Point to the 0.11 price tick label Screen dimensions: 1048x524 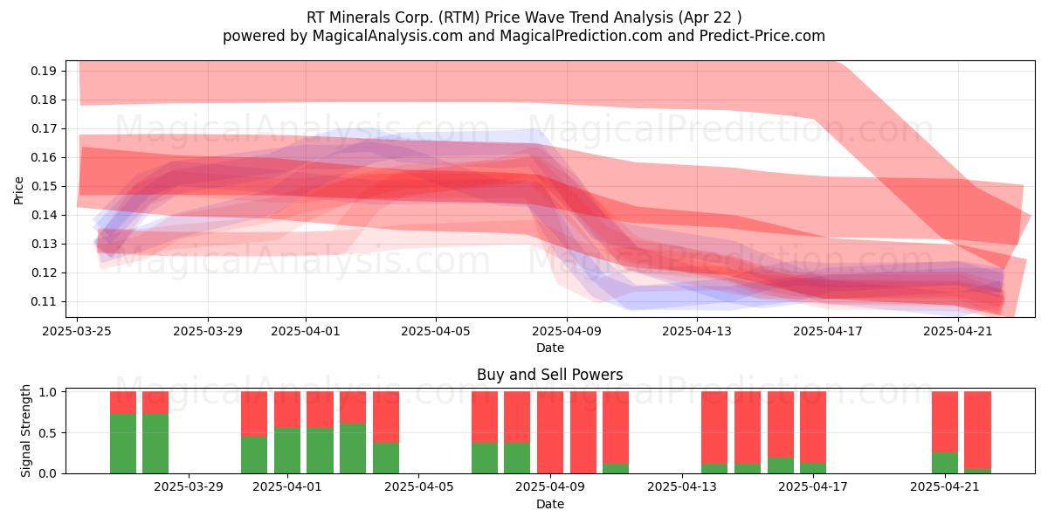click(x=44, y=302)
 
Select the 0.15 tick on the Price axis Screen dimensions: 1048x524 click(x=44, y=187)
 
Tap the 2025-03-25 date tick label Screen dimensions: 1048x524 click(x=77, y=331)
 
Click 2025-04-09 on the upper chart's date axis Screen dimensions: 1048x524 click(x=567, y=331)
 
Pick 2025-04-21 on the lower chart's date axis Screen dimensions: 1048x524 click(x=945, y=487)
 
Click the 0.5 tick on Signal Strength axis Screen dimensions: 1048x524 click(x=47, y=433)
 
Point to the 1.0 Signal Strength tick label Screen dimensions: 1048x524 click(x=47, y=392)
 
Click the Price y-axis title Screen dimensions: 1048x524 click(x=18, y=190)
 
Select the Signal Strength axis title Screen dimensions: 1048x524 click(x=25, y=431)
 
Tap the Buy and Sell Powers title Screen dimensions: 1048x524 click(x=549, y=375)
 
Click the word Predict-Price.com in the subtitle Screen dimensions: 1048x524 click(x=762, y=36)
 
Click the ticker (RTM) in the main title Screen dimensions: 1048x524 click(x=452, y=17)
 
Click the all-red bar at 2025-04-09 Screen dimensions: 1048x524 click(x=549, y=432)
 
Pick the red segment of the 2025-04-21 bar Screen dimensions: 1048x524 click(x=945, y=422)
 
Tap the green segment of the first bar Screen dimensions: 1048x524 click(x=123, y=444)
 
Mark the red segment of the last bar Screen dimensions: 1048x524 click(x=978, y=430)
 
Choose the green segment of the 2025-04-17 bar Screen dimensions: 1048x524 click(x=813, y=468)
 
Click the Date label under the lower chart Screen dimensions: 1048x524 click(x=549, y=504)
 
